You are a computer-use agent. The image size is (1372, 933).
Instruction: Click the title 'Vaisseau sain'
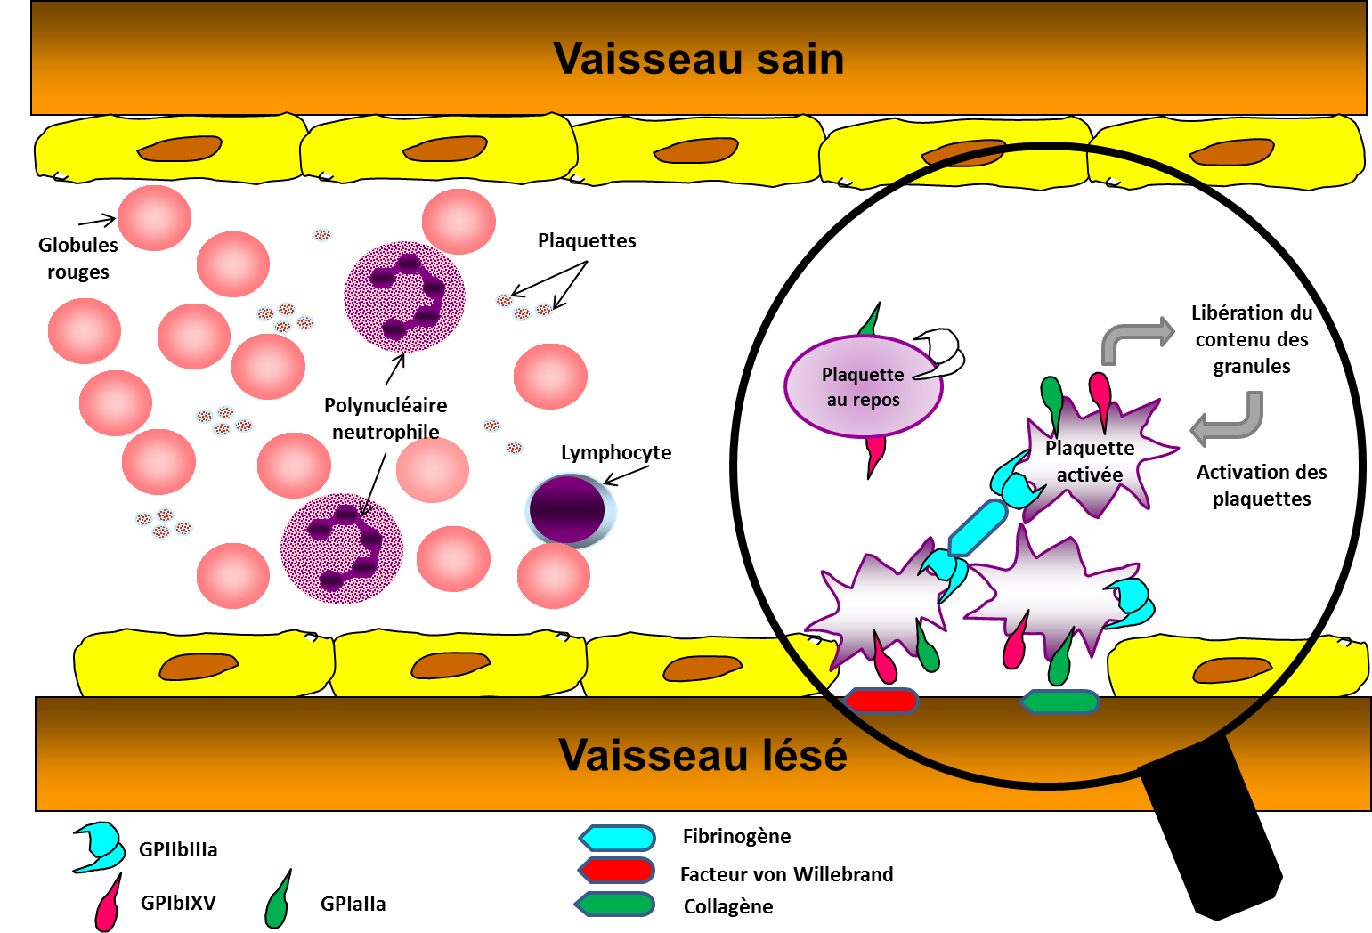(699, 59)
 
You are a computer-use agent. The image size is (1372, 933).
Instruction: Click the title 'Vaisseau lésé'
(702, 755)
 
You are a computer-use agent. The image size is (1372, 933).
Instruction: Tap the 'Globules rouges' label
(77, 258)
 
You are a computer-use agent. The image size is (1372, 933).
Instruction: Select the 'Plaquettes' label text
(587, 240)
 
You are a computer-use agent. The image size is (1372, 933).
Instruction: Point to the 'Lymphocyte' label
(616, 452)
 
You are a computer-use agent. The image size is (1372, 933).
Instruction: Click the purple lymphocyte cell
(568, 510)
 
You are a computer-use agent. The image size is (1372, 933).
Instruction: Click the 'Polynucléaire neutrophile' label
(386, 418)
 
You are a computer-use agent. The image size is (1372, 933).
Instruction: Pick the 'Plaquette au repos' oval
(862, 387)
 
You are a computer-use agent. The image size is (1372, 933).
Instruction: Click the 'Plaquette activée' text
(1090, 461)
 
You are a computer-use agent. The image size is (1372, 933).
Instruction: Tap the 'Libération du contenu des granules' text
(1251, 339)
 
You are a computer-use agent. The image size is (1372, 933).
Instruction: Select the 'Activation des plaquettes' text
(1262, 485)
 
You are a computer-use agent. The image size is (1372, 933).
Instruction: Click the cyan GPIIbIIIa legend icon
(101, 846)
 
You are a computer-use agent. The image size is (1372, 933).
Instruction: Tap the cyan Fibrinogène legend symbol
(617, 838)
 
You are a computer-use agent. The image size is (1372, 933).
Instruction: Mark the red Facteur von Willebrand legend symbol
(617, 871)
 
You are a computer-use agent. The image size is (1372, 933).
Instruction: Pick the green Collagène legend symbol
(616, 905)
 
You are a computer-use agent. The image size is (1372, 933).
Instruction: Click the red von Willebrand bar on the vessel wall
(881, 702)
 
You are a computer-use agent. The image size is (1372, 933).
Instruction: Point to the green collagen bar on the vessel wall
(1059, 702)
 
